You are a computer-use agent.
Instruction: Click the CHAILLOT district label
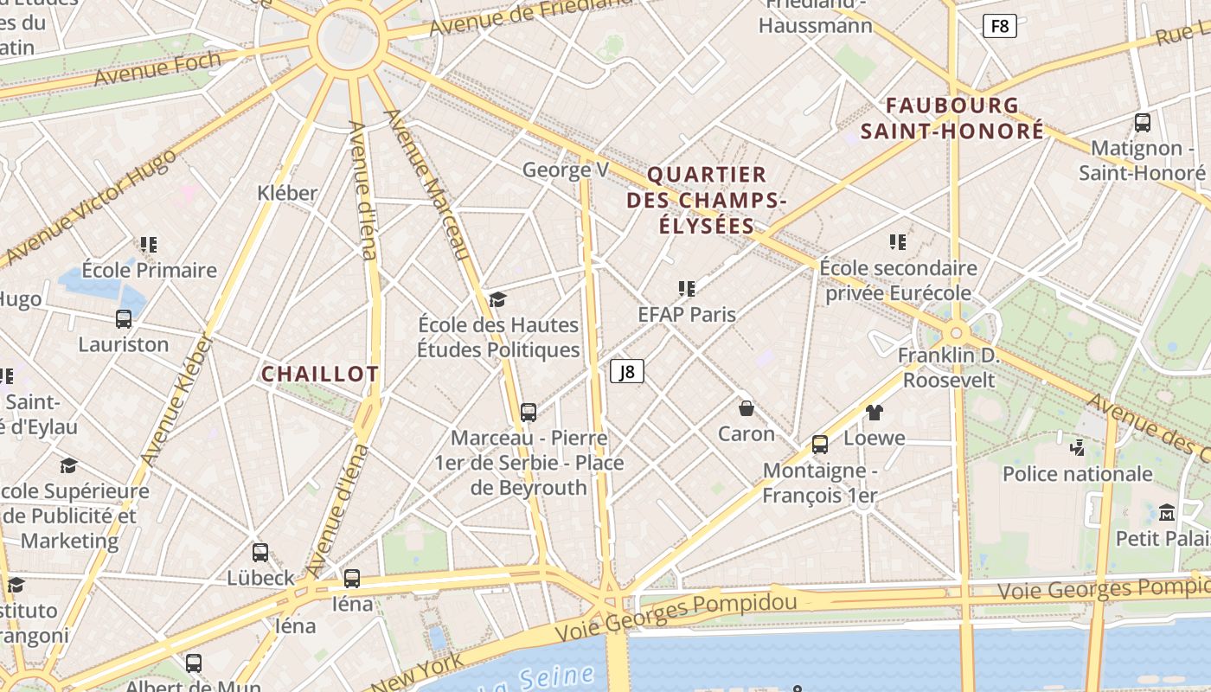(x=320, y=374)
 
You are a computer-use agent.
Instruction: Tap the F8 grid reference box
(x=999, y=26)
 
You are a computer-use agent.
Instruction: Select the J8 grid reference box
(x=627, y=372)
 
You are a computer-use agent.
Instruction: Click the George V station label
(x=566, y=170)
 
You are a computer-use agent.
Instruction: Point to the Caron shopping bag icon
(x=746, y=408)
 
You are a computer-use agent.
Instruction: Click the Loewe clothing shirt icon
(x=874, y=413)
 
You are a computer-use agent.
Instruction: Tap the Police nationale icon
(x=1077, y=448)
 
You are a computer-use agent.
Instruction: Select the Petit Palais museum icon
(x=1167, y=513)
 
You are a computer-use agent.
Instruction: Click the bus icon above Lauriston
(x=124, y=319)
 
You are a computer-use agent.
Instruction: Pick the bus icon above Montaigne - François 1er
(x=819, y=445)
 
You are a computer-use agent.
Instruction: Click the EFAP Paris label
(x=687, y=314)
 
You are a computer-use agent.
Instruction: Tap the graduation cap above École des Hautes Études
(x=497, y=299)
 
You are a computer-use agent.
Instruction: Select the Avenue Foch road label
(x=157, y=68)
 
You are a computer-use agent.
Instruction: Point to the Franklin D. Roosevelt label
(x=949, y=368)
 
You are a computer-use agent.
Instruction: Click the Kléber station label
(x=287, y=192)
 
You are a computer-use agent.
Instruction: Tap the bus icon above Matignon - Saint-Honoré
(x=1143, y=123)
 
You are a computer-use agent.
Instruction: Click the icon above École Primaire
(x=149, y=245)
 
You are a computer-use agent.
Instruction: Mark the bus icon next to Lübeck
(x=260, y=553)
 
